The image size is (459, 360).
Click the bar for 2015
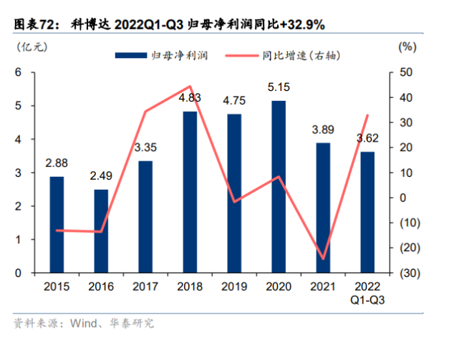(57, 225)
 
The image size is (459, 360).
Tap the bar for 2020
(278, 187)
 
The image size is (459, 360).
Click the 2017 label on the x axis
(145, 287)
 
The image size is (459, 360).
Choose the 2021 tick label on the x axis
(322, 287)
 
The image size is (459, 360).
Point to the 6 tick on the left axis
(19, 72)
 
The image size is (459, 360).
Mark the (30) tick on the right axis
(405, 273)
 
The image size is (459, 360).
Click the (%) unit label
(406, 47)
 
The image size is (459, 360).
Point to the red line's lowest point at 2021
(322, 258)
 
